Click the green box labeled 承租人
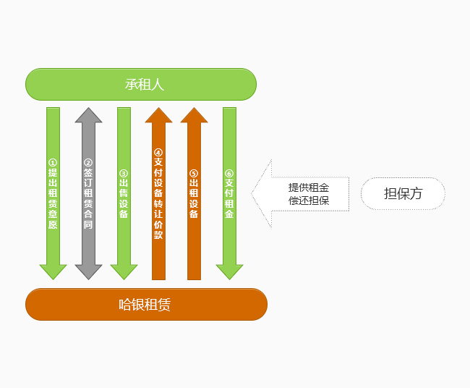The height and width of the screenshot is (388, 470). point(141,84)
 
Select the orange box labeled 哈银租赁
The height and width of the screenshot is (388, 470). point(146,304)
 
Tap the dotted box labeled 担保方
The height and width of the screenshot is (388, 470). point(403,193)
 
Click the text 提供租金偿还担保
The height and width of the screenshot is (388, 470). point(309,194)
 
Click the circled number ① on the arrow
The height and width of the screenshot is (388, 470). point(53,163)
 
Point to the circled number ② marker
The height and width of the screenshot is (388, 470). point(88,163)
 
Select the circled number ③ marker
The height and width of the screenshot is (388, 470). point(124,173)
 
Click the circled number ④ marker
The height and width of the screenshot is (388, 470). point(158,152)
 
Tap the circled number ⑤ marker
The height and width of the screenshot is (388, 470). point(194,173)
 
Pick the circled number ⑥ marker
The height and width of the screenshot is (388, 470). point(229,173)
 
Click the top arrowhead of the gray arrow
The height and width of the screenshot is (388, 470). point(88,114)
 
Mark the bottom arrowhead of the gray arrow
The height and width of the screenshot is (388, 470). point(88,273)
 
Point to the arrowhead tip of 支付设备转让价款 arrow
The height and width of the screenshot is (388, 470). point(158,110)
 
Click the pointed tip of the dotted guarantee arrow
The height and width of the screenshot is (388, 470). point(253,193)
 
